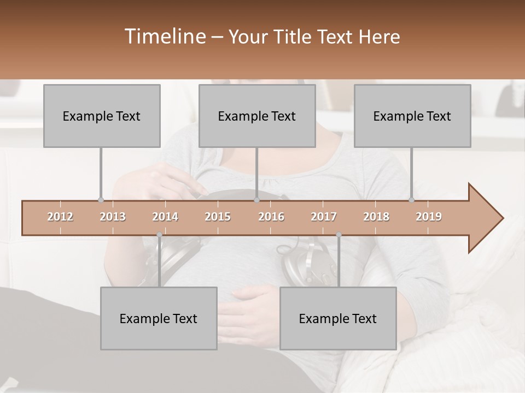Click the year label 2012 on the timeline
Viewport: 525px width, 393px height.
60,217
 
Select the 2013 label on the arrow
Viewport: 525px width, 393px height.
113,217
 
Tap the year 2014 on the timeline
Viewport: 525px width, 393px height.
165,217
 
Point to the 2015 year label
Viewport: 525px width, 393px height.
218,217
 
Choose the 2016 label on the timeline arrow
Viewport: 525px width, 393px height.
271,217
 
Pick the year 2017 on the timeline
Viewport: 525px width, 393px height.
324,217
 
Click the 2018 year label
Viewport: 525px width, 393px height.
376,217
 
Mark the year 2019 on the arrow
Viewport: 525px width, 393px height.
429,217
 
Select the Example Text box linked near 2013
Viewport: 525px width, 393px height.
102,116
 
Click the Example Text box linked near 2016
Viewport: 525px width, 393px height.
257,116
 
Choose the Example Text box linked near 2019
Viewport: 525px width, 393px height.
412,116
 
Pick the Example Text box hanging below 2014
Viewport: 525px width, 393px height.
159,318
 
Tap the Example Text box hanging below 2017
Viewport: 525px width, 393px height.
338,318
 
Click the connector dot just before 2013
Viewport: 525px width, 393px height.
101,200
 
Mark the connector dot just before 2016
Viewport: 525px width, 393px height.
256,200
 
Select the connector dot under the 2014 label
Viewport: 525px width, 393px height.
159,235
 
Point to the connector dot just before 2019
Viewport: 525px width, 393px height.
412,200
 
